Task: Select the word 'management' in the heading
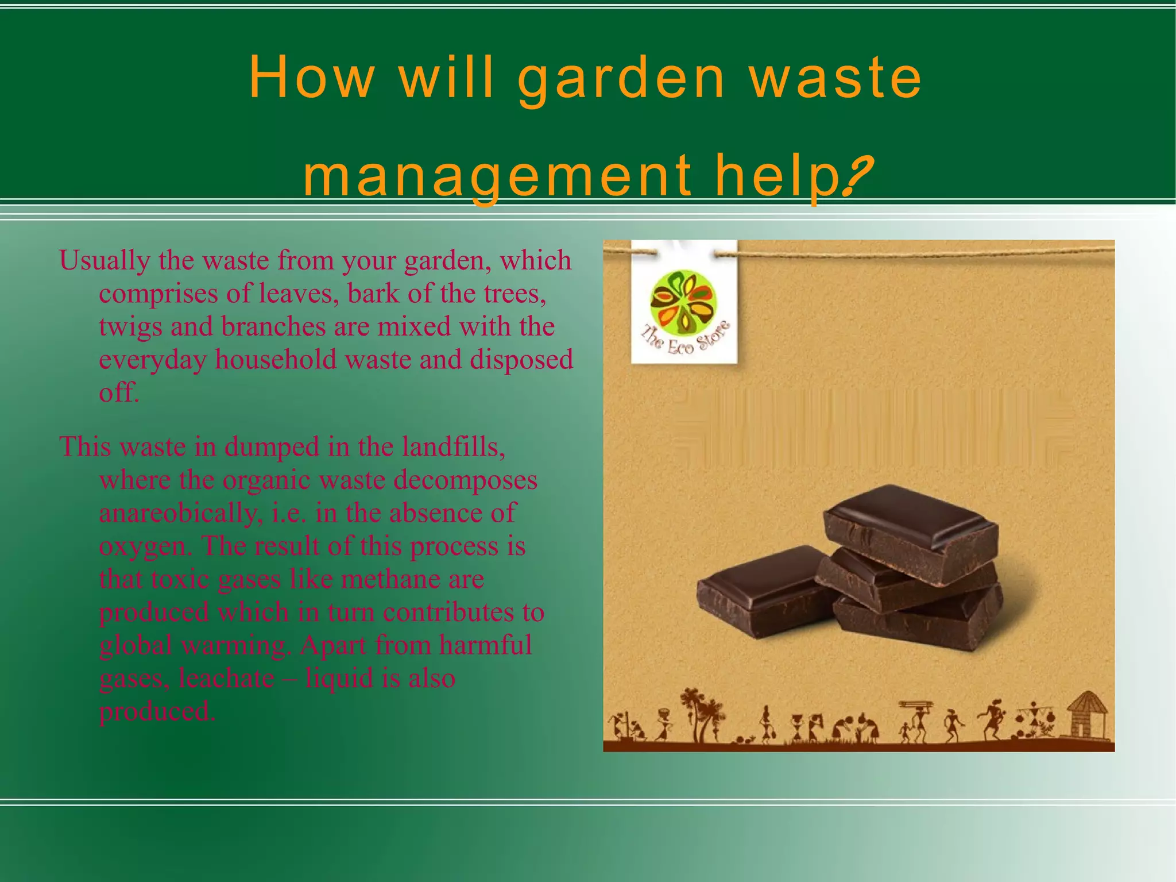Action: (x=497, y=178)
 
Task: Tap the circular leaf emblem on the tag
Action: (x=684, y=303)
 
